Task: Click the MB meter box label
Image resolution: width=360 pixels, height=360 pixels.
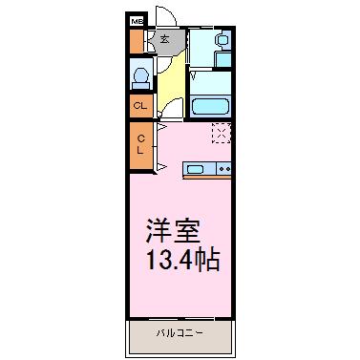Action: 138,22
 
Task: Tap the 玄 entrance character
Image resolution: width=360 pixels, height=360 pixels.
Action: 164,39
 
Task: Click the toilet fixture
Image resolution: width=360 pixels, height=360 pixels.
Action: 140,78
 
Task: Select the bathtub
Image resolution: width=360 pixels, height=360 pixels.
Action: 211,106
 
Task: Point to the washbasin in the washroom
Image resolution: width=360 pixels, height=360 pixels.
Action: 222,40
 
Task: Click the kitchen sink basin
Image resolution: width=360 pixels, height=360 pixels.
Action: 195,169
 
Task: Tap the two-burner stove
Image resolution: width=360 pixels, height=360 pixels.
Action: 223,168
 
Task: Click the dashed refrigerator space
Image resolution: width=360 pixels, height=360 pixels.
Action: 222,133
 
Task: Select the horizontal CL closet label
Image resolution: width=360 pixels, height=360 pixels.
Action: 140,105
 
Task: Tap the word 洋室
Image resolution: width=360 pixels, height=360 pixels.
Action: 173,231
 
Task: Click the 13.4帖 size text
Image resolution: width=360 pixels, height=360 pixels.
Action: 183,260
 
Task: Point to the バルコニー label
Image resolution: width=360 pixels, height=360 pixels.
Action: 180,333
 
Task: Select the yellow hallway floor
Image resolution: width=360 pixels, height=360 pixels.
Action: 172,83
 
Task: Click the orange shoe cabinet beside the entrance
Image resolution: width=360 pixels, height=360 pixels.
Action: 137,41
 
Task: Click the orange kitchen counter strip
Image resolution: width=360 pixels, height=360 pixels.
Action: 207,177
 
